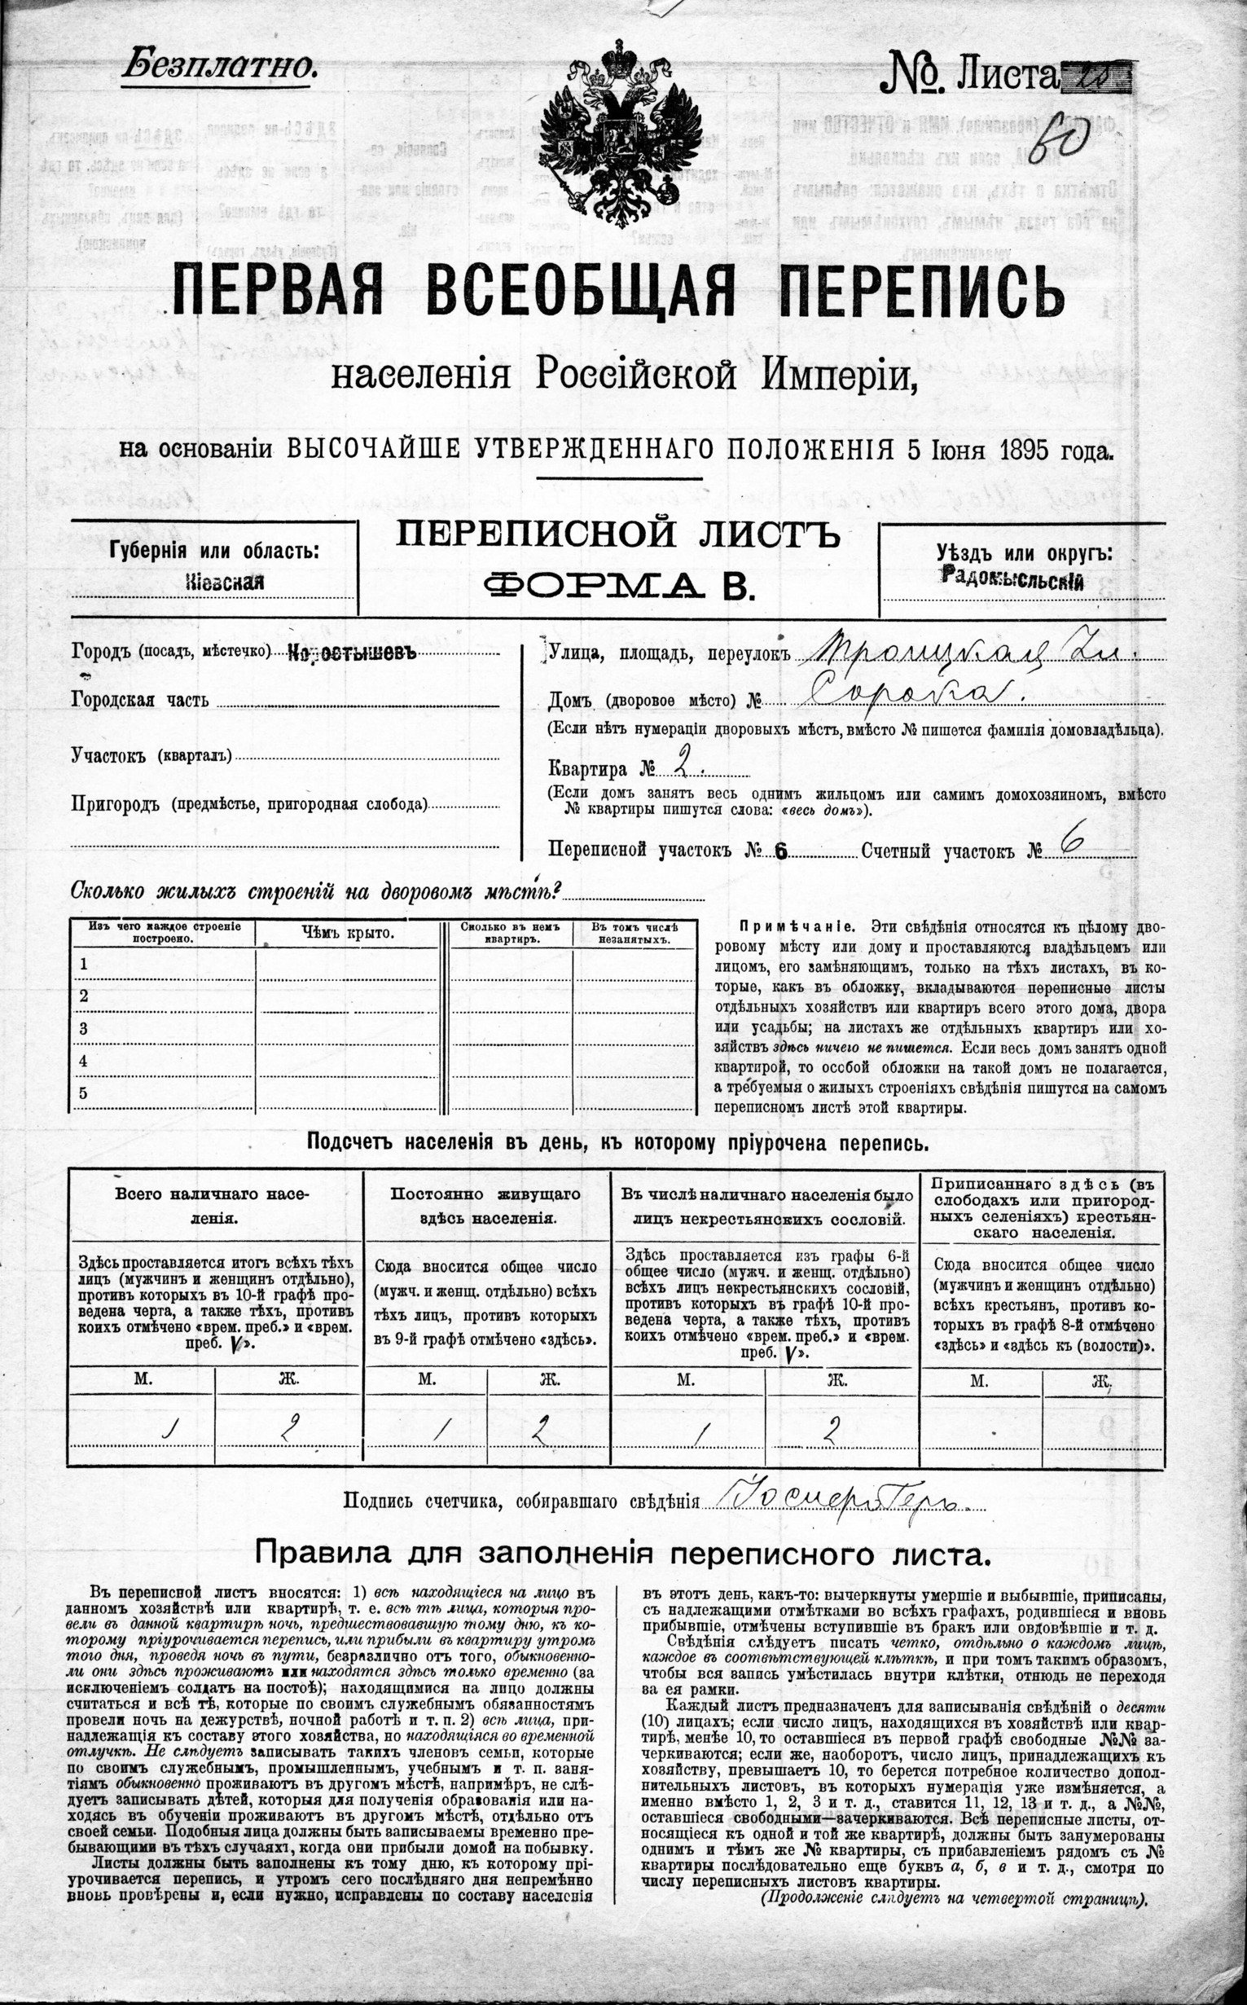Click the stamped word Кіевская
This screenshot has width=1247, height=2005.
tap(225, 582)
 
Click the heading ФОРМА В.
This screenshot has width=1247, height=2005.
tap(618, 585)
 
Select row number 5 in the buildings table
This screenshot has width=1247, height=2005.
tap(83, 1093)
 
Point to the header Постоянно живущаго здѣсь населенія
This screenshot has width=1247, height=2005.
tap(485, 1206)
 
